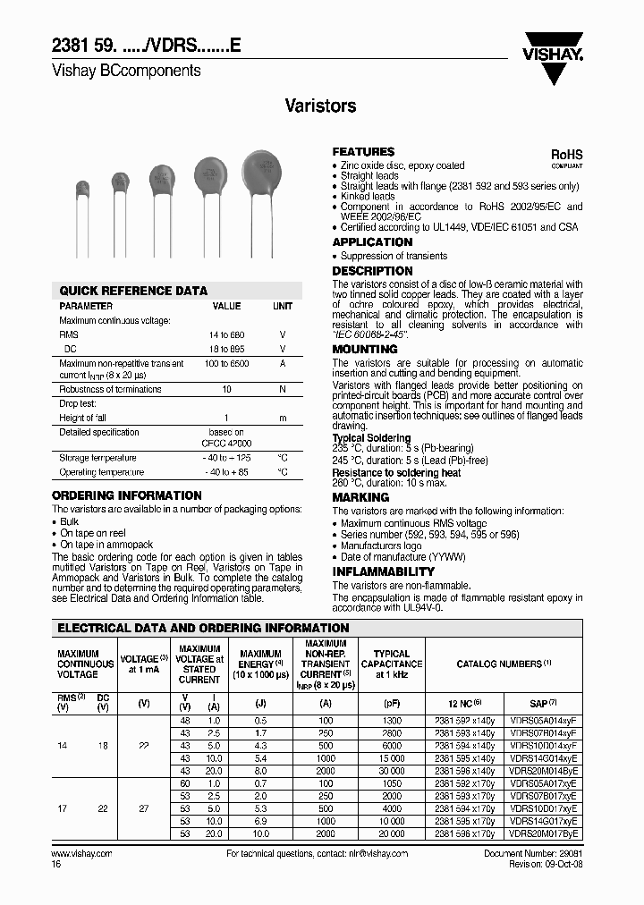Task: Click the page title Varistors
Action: [x=320, y=106]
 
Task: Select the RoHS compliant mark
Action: [x=565, y=156]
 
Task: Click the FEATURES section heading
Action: [x=363, y=152]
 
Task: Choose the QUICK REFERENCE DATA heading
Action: [x=133, y=291]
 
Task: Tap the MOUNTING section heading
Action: [x=365, y=349]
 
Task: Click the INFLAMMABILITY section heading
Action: [x=383, y=571]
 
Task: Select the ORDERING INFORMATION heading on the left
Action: [x=127, y=495]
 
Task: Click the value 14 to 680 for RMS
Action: [x=226, y=334]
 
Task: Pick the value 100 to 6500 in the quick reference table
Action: [x=226, y=364]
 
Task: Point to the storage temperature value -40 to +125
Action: [x=226, y=458]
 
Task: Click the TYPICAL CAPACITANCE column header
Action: [x=391, y=664]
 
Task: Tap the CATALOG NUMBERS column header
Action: [x=504, y=664]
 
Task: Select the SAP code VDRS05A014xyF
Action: [x=545, y=720]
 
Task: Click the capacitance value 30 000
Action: [x=391, y=770]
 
